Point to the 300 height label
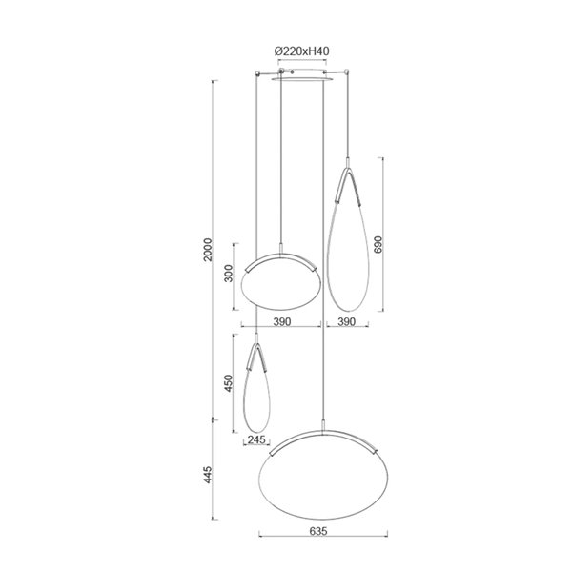tap(228, 275)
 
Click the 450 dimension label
tap(227, 383)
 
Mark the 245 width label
tap(255, 439)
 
